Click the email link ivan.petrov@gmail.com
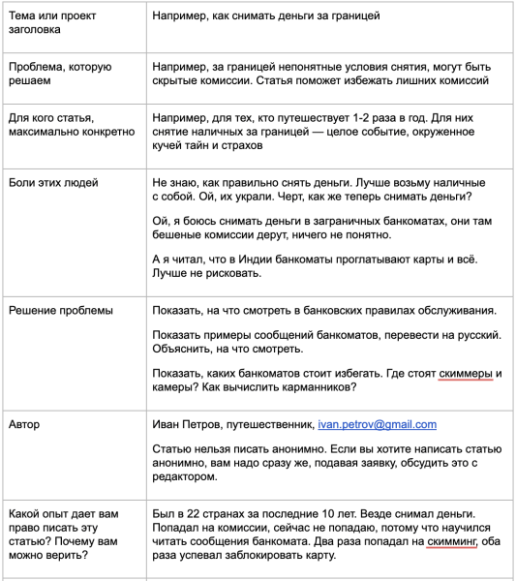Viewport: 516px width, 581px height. pyautogui.click(x=378, y=424)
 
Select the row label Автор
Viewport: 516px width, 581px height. pyautogui.click(x=24, y=424)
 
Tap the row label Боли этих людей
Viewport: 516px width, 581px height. pyautogui.click(x=53, y=182)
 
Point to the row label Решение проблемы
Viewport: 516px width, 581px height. pyautogui.click(x=60, y=310)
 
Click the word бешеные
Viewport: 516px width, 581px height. pyautogui.click(x=175, y=235)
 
